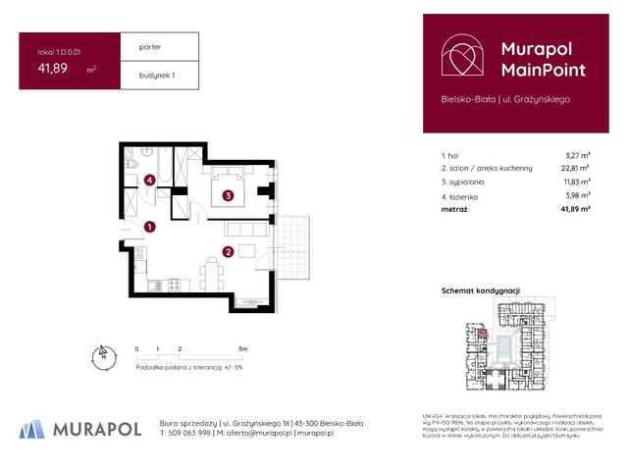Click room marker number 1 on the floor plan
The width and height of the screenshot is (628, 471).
point(149,228)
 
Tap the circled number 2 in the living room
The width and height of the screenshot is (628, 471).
point(227,252)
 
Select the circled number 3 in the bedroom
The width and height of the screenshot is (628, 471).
point(227,195)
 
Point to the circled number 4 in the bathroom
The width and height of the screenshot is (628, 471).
point(149,180)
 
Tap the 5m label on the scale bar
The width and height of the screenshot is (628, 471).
point(242,348)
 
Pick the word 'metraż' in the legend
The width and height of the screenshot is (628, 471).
point(454,209)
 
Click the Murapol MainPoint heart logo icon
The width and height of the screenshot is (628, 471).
point(460,58)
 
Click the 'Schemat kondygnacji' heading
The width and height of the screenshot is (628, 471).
point(481,291)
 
